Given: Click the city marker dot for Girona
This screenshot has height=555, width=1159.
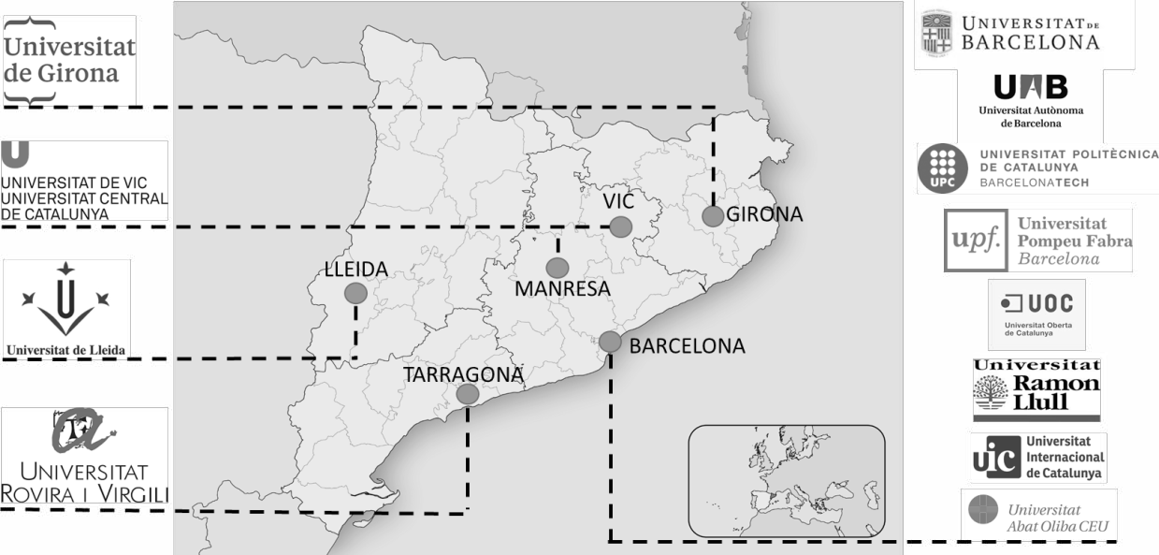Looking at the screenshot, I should [713, 216].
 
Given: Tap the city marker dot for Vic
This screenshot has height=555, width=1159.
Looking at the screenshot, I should [620, 226].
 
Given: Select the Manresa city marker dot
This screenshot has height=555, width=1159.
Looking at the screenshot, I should [558, 268].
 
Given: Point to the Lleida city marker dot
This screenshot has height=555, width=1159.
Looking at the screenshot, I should [355, 293].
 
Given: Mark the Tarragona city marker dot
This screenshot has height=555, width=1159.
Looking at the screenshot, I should [467, 394].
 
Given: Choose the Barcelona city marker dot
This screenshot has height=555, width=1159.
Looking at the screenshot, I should [610, 342].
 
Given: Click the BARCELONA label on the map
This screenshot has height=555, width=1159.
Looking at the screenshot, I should [687, 346].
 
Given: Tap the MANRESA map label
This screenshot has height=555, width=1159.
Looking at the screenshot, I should [562, 289].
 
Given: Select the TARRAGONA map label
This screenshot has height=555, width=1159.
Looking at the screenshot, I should [462, 374].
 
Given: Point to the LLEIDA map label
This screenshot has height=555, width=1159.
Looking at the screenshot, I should [355, 270].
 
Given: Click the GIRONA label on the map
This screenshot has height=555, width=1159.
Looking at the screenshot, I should [764, 214].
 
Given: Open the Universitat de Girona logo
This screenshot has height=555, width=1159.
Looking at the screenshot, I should [69, 60].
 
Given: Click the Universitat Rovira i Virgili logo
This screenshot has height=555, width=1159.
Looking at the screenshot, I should [84, 456].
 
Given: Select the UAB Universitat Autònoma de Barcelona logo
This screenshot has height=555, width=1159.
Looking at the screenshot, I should [1030, 101].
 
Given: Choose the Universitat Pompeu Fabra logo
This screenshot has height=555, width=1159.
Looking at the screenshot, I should [1037, 240].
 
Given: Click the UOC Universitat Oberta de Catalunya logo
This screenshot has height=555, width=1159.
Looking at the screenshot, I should [1036, 314].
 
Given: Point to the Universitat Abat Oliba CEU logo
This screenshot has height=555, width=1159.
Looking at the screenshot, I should [1038, 516].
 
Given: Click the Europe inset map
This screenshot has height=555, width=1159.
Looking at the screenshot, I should [786, 480].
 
